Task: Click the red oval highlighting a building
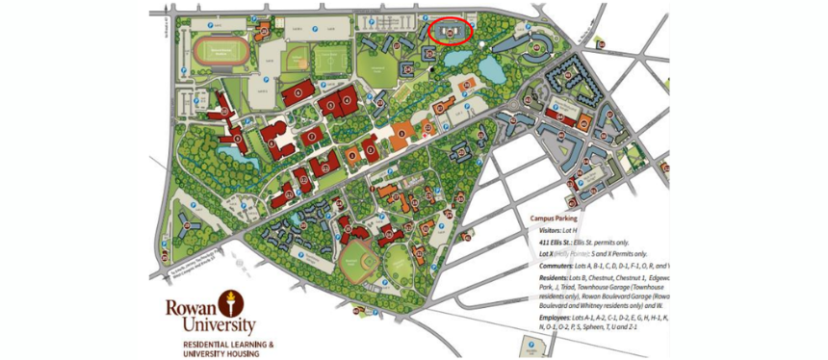451,31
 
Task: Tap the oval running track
214,53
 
